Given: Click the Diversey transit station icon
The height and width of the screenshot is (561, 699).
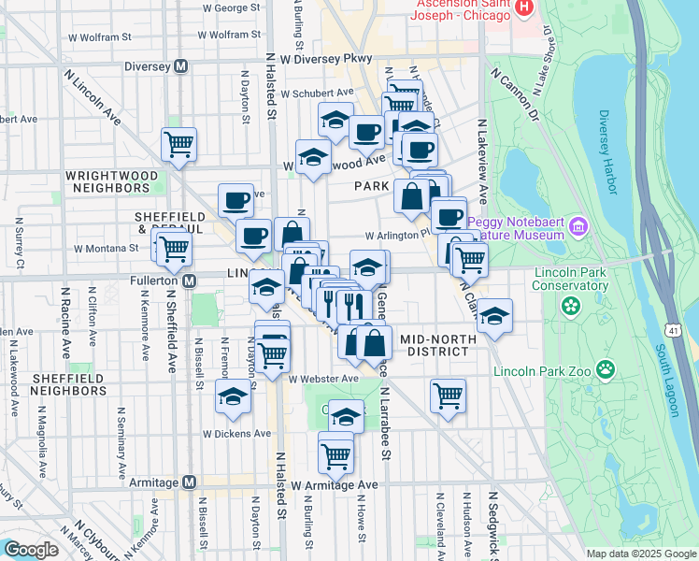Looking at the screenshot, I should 181,66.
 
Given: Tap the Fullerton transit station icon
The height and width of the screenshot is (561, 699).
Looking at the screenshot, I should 189,280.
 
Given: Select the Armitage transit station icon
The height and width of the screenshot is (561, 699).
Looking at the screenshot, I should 189,482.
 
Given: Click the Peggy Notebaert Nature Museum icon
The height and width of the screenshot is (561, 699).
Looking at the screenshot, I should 578,226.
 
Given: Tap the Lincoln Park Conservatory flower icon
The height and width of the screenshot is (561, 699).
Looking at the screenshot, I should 569,306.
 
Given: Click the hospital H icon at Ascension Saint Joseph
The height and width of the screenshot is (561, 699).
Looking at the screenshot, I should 524,7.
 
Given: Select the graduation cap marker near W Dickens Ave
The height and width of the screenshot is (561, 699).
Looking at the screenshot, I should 233,397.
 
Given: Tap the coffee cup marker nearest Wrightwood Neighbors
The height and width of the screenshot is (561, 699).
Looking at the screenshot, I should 235,200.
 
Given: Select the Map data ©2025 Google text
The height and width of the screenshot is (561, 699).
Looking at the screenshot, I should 641,554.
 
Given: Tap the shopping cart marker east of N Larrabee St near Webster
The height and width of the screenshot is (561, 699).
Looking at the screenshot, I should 449,396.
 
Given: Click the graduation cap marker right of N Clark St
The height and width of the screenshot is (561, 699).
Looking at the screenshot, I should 495,317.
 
